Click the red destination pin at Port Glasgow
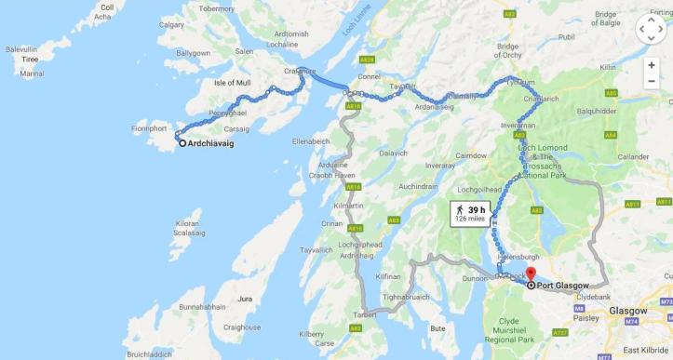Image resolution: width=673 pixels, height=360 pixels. [x=531, y=273]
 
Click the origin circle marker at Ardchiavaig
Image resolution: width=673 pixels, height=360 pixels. [x=182, y=143]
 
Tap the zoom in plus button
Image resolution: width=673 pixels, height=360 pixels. [x=652, y=65]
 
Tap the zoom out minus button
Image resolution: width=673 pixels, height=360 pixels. [x=652, y=82]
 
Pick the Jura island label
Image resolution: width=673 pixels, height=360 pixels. [x=246, y=299]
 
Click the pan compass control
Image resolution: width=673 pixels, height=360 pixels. [x=651, y=29]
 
